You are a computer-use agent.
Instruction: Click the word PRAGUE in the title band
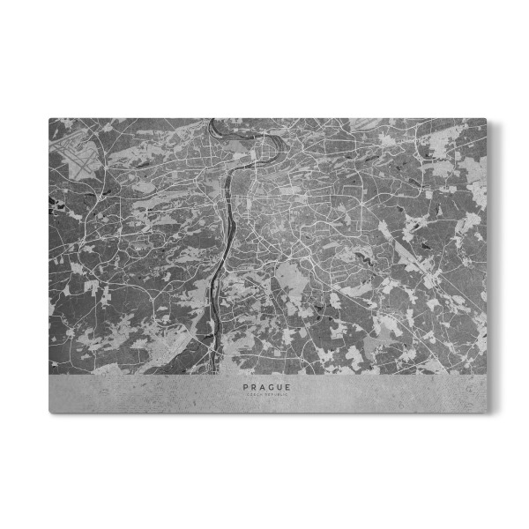tap(264, 386)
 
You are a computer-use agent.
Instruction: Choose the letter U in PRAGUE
tap(275, 386)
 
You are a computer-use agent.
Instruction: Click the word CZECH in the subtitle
tap(252, 394)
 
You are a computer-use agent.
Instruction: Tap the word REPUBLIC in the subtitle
tap(274, 394)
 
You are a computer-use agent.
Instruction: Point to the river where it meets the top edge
tap(212, 121)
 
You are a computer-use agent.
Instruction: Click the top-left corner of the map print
tap(49, 119)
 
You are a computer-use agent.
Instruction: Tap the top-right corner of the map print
tap(486, 119)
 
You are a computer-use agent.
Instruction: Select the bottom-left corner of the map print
tap(49, 412)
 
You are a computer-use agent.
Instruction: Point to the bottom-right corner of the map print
tap(486, 412)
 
